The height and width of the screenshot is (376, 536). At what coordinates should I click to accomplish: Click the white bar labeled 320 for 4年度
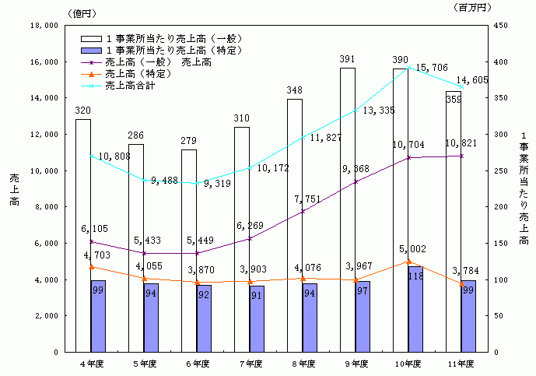[83, 234]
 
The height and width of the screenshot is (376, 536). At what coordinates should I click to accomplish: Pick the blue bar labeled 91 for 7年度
[257, 319]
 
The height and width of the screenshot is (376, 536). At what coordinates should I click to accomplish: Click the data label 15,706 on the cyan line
[433, 69]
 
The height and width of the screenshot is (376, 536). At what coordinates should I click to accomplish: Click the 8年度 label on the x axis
[303, 364]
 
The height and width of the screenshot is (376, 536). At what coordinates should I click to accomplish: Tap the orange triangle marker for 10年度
[408, 262]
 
